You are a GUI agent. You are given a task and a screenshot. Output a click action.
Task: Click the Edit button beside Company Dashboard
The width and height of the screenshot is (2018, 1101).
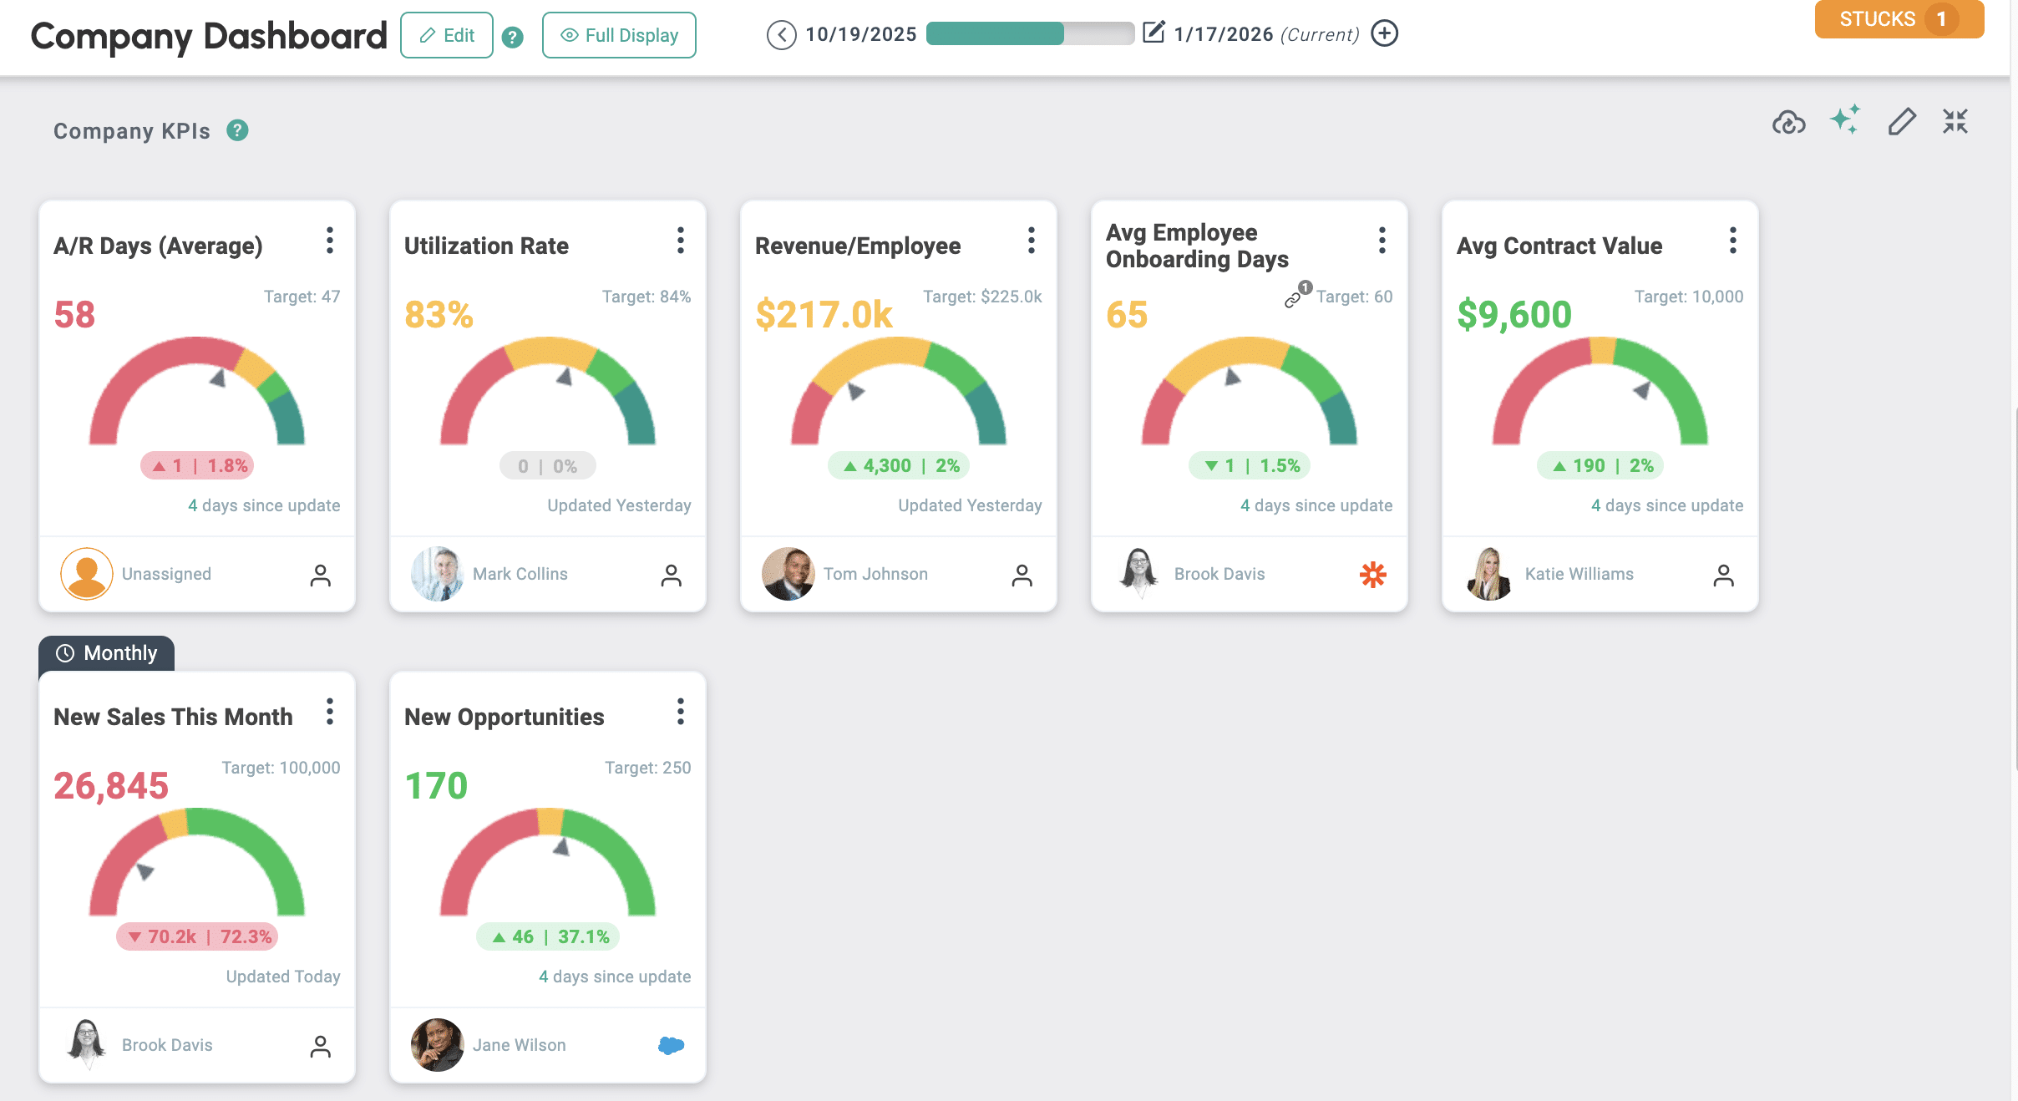tap(447, 35)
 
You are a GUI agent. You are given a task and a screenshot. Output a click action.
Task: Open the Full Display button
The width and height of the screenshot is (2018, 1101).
tap(619, 35)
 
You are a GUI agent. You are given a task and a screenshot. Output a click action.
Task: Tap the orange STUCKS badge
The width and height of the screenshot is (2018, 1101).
tap(1898, 19)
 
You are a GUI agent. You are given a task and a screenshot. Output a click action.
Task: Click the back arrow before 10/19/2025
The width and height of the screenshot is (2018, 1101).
tap(781, 35)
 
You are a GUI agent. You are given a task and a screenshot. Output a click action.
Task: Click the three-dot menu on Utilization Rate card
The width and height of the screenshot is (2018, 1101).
tap(681, 241)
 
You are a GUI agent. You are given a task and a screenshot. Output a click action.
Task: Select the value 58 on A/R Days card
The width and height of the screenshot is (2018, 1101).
tap(74, 315)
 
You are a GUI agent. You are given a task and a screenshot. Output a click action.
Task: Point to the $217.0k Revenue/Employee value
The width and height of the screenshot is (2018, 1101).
tap(824, 315)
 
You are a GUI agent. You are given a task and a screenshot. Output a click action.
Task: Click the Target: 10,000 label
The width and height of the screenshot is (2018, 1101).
tap(1688, 297)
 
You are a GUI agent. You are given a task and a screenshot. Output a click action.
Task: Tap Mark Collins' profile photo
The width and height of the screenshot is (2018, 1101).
tap(437, 574)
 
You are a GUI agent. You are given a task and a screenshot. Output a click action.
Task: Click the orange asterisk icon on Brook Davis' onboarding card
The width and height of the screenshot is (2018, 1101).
tap(1373, 574)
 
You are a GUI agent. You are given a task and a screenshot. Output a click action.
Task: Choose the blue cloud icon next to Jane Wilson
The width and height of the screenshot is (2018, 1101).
tap(672, 1045)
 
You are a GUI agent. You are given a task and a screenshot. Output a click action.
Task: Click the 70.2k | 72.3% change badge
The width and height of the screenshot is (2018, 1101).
tap(197, 936)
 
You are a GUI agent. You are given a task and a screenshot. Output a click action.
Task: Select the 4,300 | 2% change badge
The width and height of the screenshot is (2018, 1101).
tap(899, 465)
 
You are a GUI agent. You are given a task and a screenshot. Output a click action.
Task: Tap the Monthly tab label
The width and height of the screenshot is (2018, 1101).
tap(107, 653)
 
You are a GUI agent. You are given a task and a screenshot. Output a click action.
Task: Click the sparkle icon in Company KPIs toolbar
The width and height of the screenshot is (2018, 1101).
tap(1845, 120)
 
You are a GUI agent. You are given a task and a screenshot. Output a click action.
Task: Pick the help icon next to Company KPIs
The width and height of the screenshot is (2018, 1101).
tap(238, 130)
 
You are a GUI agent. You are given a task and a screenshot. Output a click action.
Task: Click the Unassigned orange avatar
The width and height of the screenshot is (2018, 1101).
tap(87, 574)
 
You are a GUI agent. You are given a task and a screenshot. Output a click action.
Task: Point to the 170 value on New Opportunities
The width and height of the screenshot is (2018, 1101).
tap(436, 786)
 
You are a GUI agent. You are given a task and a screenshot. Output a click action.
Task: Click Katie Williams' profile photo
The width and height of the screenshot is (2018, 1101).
tap(1489, 574)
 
